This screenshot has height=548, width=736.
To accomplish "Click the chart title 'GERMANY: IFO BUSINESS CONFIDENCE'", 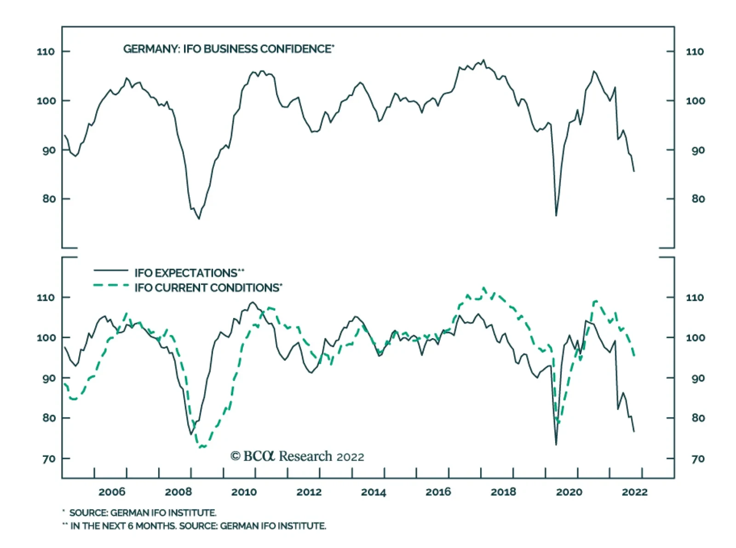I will pyautogui.click(x=228, y=49).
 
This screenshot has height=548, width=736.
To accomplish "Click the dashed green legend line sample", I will pyautogui.click(x=111, y=286).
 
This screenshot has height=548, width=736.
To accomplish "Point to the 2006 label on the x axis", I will pyautogui.click(x=112, y=492).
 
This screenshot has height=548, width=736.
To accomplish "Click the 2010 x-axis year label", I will pyautogui.click(x=244, y=492).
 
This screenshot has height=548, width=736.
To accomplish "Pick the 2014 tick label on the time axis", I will pyautogui.click(x=374, y=492).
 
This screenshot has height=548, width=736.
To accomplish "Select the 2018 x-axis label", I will pyautogui.click(x=503, y=492).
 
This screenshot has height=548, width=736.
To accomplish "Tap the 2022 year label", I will pyautogui.click(x=635, y=492).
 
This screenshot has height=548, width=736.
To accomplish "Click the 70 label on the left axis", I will pyautogui.click(x=49, y=459).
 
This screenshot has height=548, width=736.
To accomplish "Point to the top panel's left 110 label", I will pyautogui.click(x=46, y=52).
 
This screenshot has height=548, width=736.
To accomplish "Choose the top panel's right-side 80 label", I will pyautogui.click(x=698, y=199).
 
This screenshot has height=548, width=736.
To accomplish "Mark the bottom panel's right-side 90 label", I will pyautogui.click(x=698, y=378).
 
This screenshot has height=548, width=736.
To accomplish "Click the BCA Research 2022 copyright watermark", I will pyautogui.click(x=297, y=456).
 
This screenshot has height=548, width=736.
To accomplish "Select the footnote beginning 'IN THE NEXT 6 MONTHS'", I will pyautogui.click(x=198, y=526).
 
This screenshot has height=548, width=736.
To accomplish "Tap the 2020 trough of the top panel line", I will pyautogui.click(x=556, y=215).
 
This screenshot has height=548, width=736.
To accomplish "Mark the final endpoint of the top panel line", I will pyautogui.click(x=634, y=171).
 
